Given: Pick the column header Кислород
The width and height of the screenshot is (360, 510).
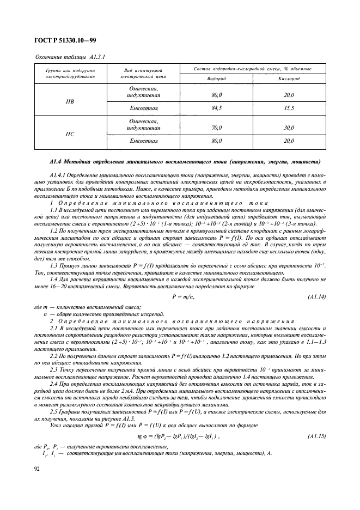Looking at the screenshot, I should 289,78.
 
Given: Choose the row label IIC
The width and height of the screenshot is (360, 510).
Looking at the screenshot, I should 70,133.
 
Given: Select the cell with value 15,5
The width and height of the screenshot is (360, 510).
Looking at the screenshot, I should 289,108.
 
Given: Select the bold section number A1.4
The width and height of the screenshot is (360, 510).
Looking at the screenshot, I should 57,162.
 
